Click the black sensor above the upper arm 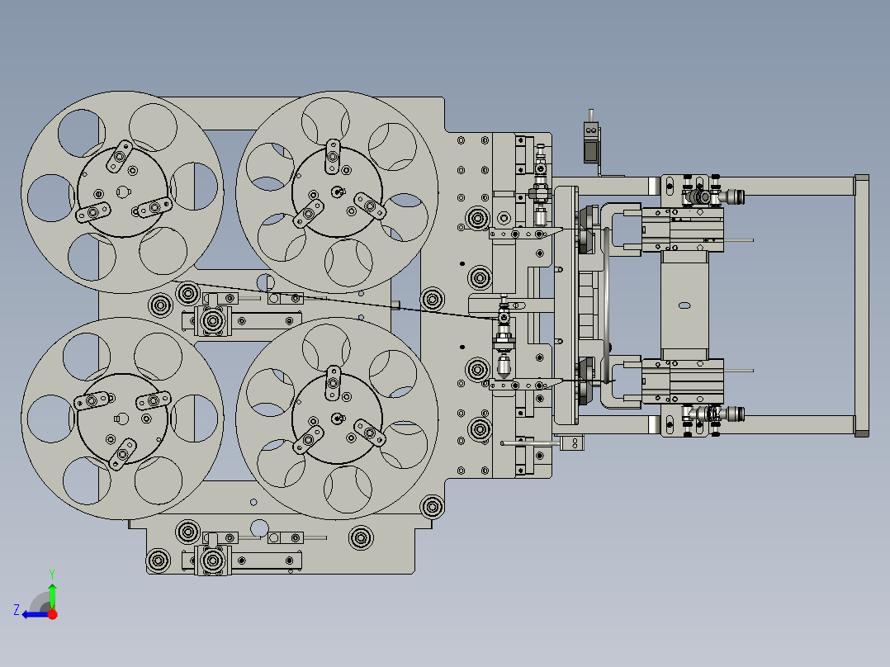[591, 142]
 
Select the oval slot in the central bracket [684, 306]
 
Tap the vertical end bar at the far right [861, 305]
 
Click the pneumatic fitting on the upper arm [730, 196]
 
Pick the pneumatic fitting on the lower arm [730, 412]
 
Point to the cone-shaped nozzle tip [503, 366]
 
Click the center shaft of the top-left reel [122, 192]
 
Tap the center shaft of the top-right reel [336, 192]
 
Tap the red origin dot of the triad [52, 613]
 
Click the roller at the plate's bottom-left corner [159, 562]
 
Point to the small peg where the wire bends [395, 305]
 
